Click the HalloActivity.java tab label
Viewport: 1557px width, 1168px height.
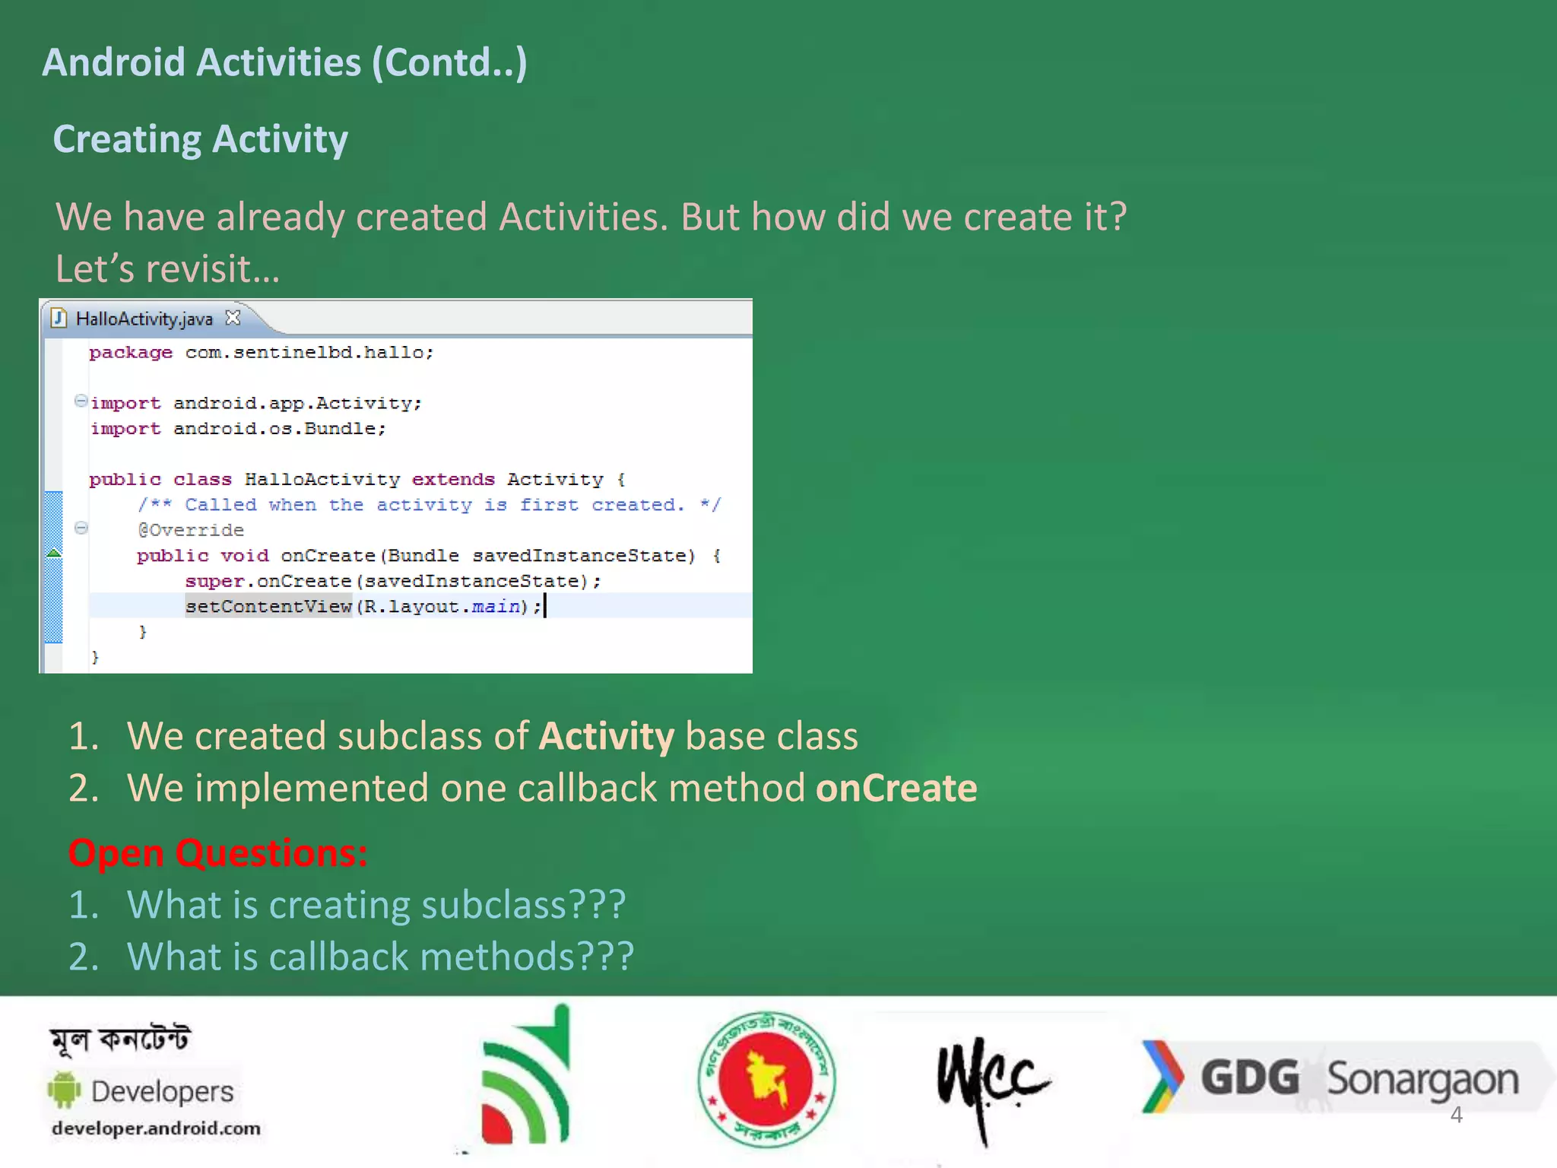144,319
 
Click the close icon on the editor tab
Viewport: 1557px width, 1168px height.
233,318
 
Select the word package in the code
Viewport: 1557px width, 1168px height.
131,353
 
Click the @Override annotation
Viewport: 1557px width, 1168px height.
191,530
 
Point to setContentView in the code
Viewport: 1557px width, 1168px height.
268,607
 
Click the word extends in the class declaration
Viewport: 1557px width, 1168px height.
453,480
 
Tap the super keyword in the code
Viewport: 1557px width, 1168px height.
214,582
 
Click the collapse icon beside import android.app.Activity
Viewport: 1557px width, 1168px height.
81,401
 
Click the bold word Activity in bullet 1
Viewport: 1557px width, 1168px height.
606,737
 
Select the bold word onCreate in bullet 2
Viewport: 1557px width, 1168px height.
896,789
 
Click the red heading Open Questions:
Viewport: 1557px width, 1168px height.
218,853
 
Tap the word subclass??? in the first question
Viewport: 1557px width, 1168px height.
523,905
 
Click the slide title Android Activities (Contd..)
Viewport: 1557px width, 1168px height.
284,62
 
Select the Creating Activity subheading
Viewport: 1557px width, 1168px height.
201,139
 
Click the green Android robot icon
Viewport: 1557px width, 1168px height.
65,1090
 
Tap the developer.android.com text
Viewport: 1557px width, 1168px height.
156,1128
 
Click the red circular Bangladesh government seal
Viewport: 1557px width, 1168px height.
766,1079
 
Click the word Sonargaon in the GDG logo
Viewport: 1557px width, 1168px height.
1422,1080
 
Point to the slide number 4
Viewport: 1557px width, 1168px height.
1456,1116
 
